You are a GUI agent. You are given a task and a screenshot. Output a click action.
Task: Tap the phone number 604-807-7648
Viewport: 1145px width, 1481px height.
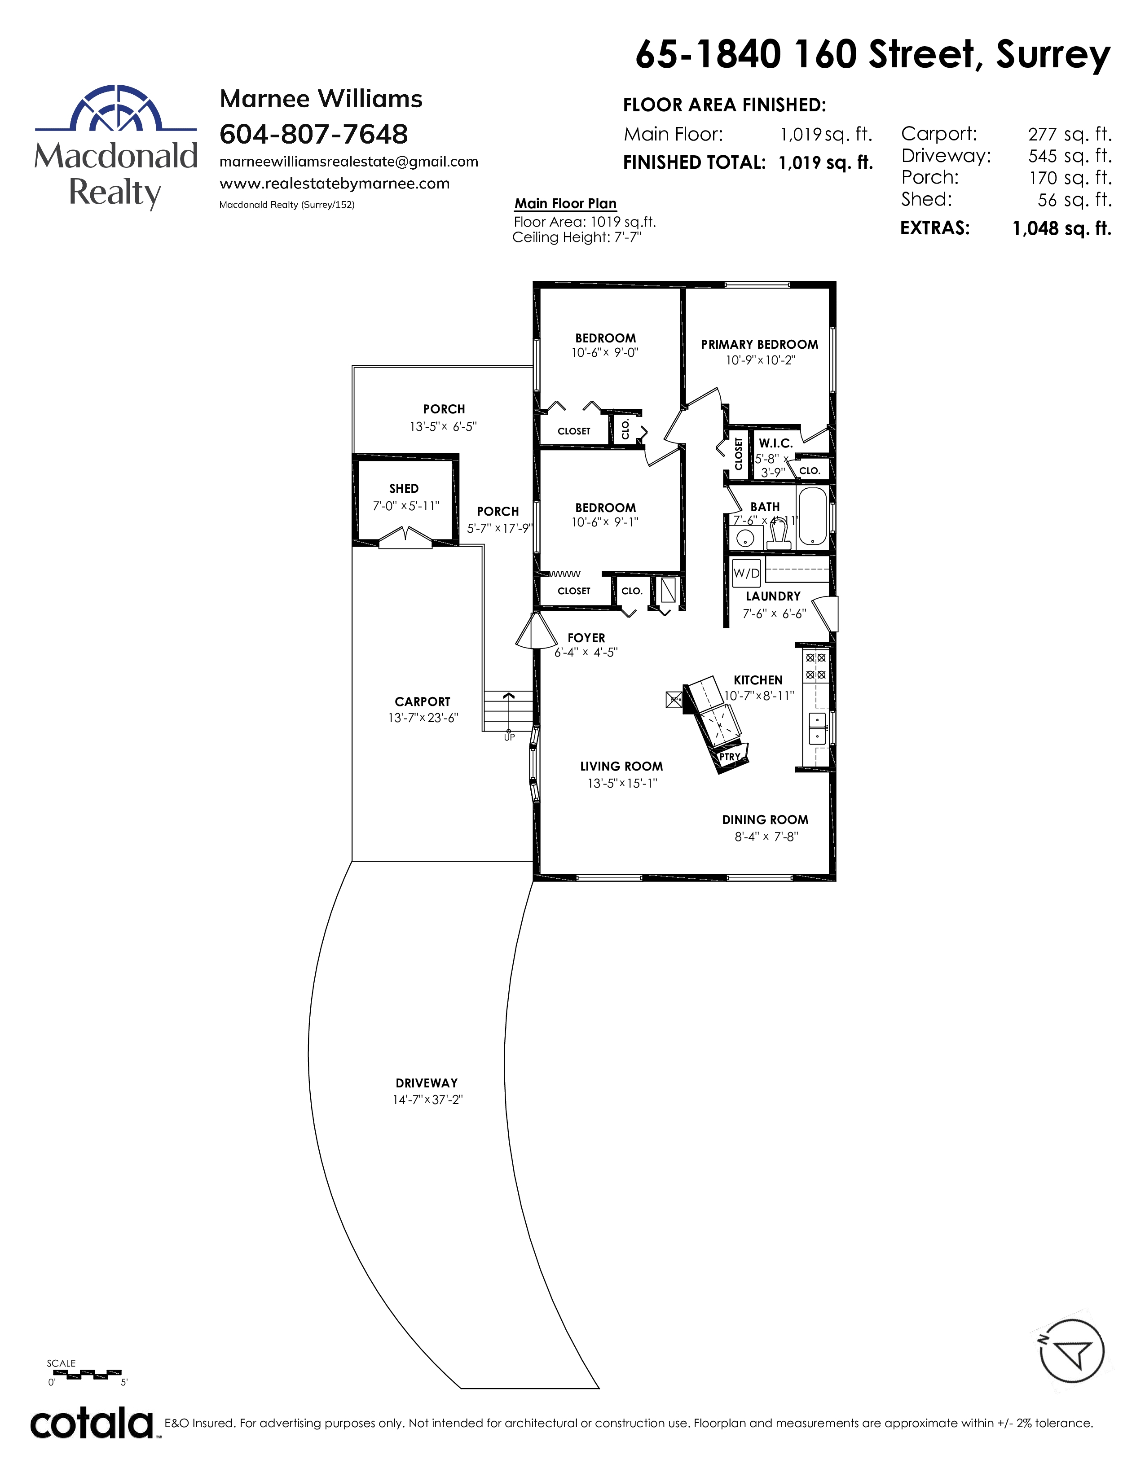313,134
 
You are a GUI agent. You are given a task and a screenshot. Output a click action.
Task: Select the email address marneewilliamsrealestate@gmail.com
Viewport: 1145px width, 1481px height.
348,162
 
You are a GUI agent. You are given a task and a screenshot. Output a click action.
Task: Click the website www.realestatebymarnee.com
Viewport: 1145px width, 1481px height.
335,184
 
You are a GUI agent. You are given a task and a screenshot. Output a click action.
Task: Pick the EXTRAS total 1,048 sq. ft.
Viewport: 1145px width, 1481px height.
1061,228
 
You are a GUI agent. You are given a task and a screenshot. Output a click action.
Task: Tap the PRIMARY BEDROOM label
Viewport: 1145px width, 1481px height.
759,345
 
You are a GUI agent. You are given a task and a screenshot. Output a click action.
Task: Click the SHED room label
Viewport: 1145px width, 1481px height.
404,488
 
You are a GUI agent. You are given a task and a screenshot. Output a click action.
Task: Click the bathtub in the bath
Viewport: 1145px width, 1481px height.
812,516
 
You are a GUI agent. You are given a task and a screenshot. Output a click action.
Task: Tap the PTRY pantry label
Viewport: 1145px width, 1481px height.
730,757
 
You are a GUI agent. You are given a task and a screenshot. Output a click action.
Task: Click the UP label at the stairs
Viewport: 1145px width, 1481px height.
510,737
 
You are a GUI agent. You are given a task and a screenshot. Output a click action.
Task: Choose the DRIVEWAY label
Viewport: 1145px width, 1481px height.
427,1083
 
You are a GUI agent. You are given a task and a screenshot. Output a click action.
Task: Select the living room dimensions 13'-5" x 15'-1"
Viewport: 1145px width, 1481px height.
622,783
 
